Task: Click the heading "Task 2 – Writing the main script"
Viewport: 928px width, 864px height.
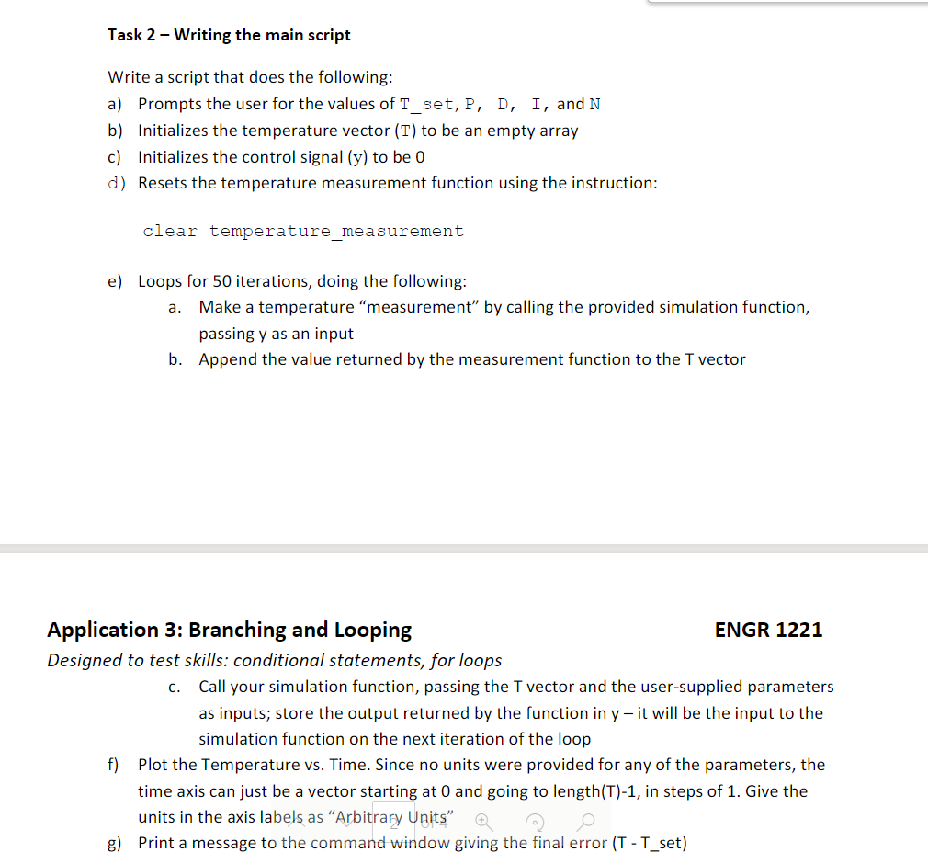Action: click(229, 35)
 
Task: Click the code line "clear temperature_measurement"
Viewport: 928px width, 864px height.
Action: click(303, 232)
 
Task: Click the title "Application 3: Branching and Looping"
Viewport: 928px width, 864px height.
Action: click(229, 630)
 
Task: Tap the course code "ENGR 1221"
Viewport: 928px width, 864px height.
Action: click(768, 630)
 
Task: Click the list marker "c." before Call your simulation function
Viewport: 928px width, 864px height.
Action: click(175, 687)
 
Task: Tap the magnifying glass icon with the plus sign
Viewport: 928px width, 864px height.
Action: click(483, 820)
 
